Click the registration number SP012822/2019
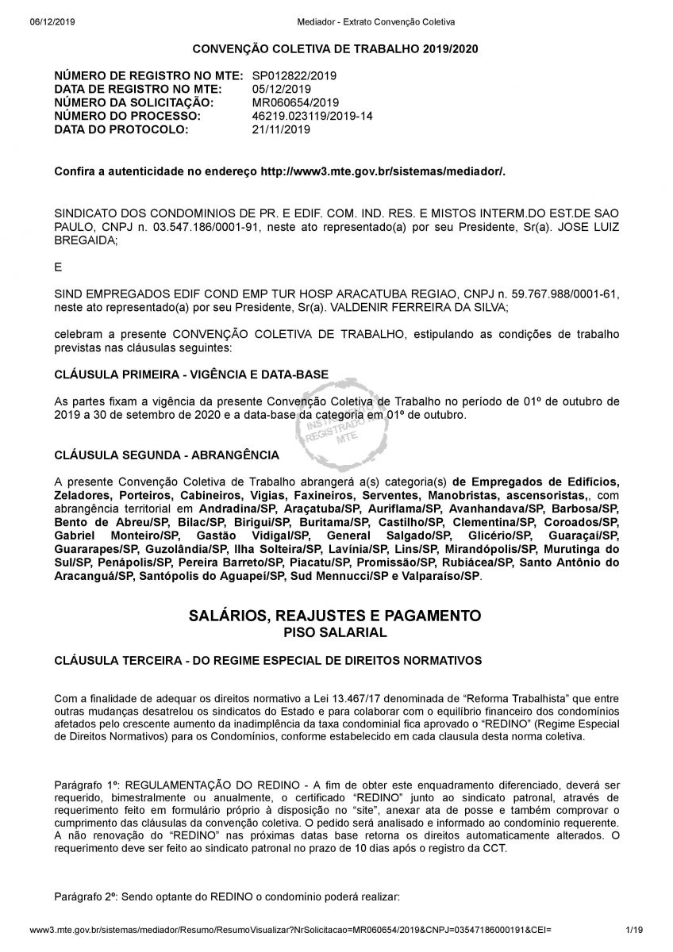pos(294,75)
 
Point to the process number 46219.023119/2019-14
pos(312,116)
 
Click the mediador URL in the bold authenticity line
pos(383,171)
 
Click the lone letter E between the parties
pos(58,267)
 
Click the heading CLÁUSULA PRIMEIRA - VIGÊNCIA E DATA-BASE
pos(191,374)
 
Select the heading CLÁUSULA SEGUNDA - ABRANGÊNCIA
pos(167,455)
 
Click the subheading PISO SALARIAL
pos(336,632)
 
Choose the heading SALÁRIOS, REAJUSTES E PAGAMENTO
pos(336,616)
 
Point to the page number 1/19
pos(633,928)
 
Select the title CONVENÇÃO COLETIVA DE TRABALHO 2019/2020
pos(336,49)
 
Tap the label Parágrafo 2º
pos(86,896)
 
